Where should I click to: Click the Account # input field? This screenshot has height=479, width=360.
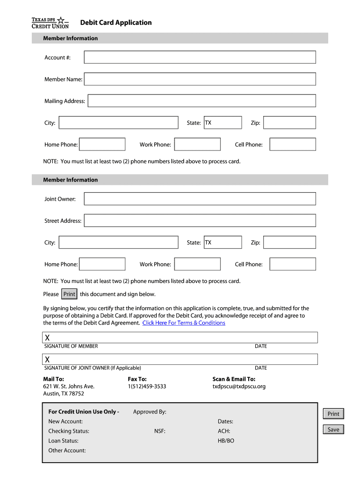click(x=200, y=57)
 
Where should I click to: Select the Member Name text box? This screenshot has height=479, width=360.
click(x=200, y=79)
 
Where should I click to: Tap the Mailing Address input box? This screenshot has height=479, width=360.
click(x=202, y=101)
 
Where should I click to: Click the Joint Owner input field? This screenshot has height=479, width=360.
click(x=200, y=199)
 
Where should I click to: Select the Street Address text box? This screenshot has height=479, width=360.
click(x=200, y=220)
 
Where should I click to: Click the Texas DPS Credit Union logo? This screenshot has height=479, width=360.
click(x=50, y=22)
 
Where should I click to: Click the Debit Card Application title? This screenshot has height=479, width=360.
click(x=116, y=22)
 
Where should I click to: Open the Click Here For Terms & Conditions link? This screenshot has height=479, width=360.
click(x=184, y=323)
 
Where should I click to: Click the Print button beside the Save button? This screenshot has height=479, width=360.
click(x=333, y=414)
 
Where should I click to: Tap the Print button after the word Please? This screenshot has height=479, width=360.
click(x=69, y=294)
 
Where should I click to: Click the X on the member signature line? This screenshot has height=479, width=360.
click(x=47, y=338)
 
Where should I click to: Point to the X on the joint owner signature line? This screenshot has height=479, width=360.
click(x=47, y=359)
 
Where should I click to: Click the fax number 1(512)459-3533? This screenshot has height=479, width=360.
click(x=147, y=386)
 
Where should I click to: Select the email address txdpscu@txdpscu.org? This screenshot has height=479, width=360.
click(x=239, y=386)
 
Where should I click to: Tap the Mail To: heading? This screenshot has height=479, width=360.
click(x=54, y=379)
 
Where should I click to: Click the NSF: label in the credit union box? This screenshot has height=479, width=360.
click(x=160, y=431)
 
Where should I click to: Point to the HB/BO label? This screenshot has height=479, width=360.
click(x=226, y=441)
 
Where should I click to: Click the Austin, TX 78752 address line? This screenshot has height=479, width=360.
click(x=64, y=394)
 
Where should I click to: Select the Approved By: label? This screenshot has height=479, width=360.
click(x=150, y=412)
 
